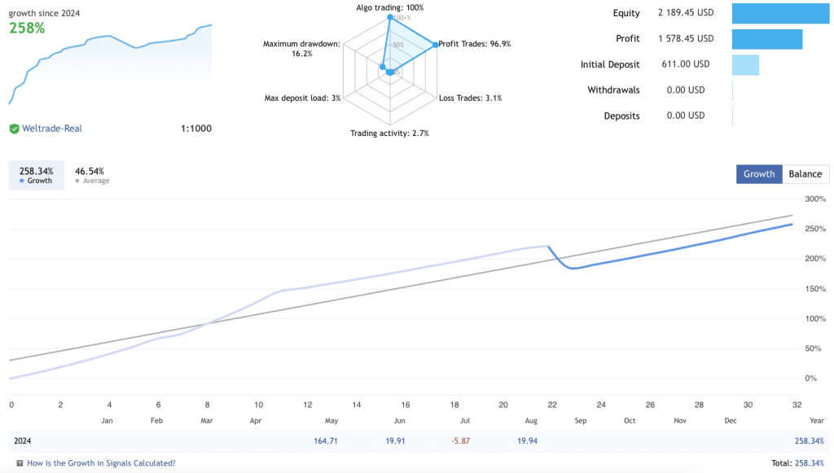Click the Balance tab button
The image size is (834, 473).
click(805, 173)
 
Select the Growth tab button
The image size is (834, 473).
click(759, 173)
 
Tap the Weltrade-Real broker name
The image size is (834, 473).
click(52, 129)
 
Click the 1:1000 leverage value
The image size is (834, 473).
click(195, 129)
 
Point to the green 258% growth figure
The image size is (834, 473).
click(27, 28)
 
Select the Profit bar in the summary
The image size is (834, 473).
click(767, 39)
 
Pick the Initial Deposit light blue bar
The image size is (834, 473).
click(745, 64)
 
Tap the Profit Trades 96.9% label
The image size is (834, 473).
click(475, 44)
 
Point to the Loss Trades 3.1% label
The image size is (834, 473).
click(471, 98)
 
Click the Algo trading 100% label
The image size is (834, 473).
click(390, 7)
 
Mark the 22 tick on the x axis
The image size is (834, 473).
click(552, 405)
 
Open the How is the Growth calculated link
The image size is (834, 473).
click(101, 463)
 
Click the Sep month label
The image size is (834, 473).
click(580, 421)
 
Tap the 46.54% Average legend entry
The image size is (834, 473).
click(91, 175)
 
